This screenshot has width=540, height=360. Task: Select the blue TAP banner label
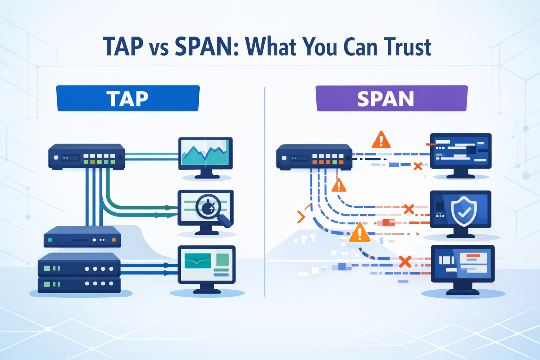[128, 98]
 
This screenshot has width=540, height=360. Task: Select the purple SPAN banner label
[391, 99]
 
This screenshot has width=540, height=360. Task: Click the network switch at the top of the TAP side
[87, 157]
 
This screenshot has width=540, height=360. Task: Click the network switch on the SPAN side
[314, 157]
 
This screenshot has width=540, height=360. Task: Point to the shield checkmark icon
[463, 211]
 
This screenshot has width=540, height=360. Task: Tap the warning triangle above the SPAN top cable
[381, 140]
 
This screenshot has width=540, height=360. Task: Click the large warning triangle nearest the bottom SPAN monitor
[359, 233]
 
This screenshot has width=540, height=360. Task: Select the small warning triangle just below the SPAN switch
[339, 185]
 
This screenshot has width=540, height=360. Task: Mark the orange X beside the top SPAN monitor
[418, 166]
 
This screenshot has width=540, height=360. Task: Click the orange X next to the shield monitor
[409, 209]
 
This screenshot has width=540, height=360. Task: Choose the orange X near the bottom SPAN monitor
[405, 262]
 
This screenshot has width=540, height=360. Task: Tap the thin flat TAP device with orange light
[82, 237]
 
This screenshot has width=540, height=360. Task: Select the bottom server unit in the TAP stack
[79, 284]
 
